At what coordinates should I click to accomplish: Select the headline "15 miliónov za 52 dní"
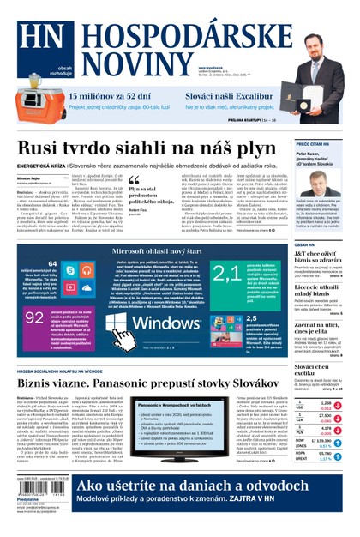pyautogui.click(x=110, y=96)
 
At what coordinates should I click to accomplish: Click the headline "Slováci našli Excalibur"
pyautogui.click(x=230, y=96)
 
